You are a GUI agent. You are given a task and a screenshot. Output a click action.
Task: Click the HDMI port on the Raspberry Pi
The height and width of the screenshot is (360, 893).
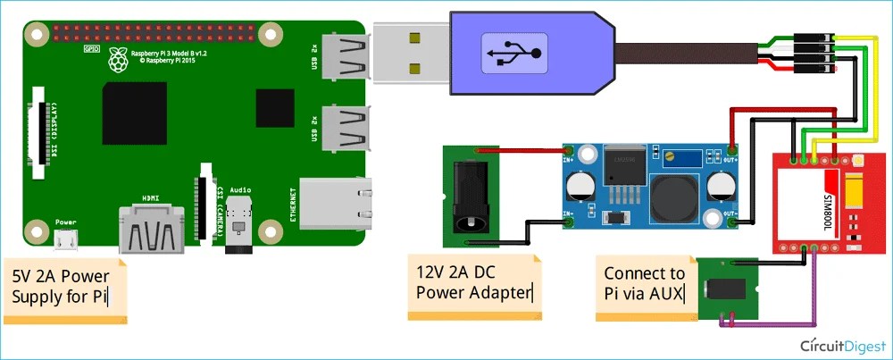pos(151,230)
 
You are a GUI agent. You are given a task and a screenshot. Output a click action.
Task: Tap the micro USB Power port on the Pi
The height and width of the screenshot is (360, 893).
pos(65,239)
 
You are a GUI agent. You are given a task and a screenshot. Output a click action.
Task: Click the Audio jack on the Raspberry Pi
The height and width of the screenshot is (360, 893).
pos(238,223)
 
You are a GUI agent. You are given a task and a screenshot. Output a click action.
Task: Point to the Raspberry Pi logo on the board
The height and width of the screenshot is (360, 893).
pos(114,60)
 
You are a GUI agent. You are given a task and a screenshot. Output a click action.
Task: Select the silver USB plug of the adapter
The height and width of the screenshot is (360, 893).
pos(410,53)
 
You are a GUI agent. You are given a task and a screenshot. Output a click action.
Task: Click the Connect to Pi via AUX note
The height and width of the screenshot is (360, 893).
pos(645,284)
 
